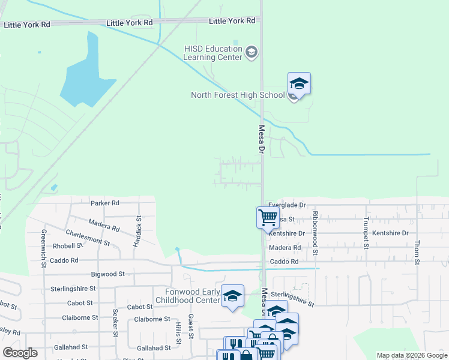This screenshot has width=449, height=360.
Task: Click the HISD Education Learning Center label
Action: click(x=213, y=53)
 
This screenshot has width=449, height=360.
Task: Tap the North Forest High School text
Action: click(x=238, y=95)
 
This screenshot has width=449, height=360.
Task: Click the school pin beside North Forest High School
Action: click(x=299, y=84)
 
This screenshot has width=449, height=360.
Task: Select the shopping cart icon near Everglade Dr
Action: click(x=268, y=217)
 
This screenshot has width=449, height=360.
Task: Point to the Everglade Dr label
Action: click(x=287, y=205)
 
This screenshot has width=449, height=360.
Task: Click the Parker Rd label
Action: click(x=105, y=203)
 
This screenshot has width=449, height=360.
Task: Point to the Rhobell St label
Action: click(x=67, y=246)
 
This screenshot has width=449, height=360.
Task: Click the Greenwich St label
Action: click(x=44, y=248)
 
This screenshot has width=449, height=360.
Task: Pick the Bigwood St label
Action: click(x=107, y=274)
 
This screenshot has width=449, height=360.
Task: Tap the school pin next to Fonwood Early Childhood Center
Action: click(x=232, y=296)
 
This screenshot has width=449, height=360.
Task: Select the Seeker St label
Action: click(x=114, y=323)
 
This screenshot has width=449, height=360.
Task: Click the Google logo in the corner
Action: click(x=20, y=353)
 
